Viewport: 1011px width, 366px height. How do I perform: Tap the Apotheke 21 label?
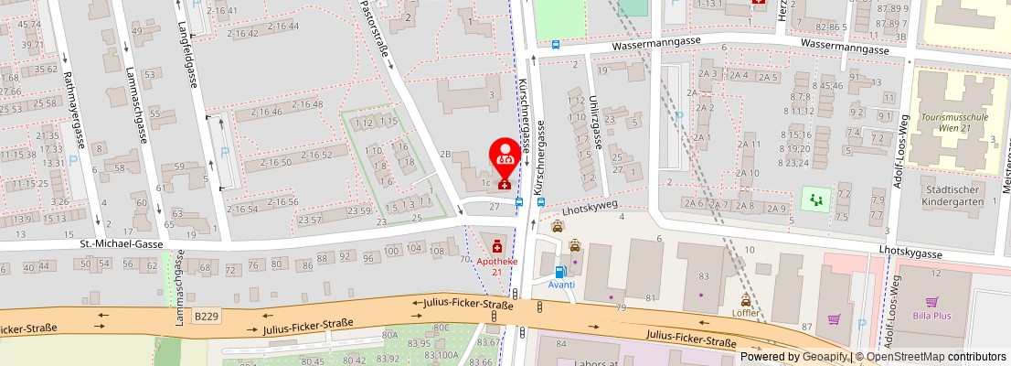click(496, 265)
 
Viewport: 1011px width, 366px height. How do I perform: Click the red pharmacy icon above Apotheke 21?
click(496, 246)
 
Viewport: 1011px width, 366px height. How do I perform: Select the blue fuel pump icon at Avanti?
click(560, 271)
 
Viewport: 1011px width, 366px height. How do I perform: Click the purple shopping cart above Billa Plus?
click(932, 301)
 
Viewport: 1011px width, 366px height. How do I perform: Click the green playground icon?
click(811, 197)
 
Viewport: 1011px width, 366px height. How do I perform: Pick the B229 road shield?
click(206, 316)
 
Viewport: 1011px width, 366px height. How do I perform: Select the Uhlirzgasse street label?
click(595, 124)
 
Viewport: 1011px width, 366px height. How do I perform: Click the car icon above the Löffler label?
click(746, 300)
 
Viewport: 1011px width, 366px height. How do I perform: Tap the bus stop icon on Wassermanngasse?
click(556, 44)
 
